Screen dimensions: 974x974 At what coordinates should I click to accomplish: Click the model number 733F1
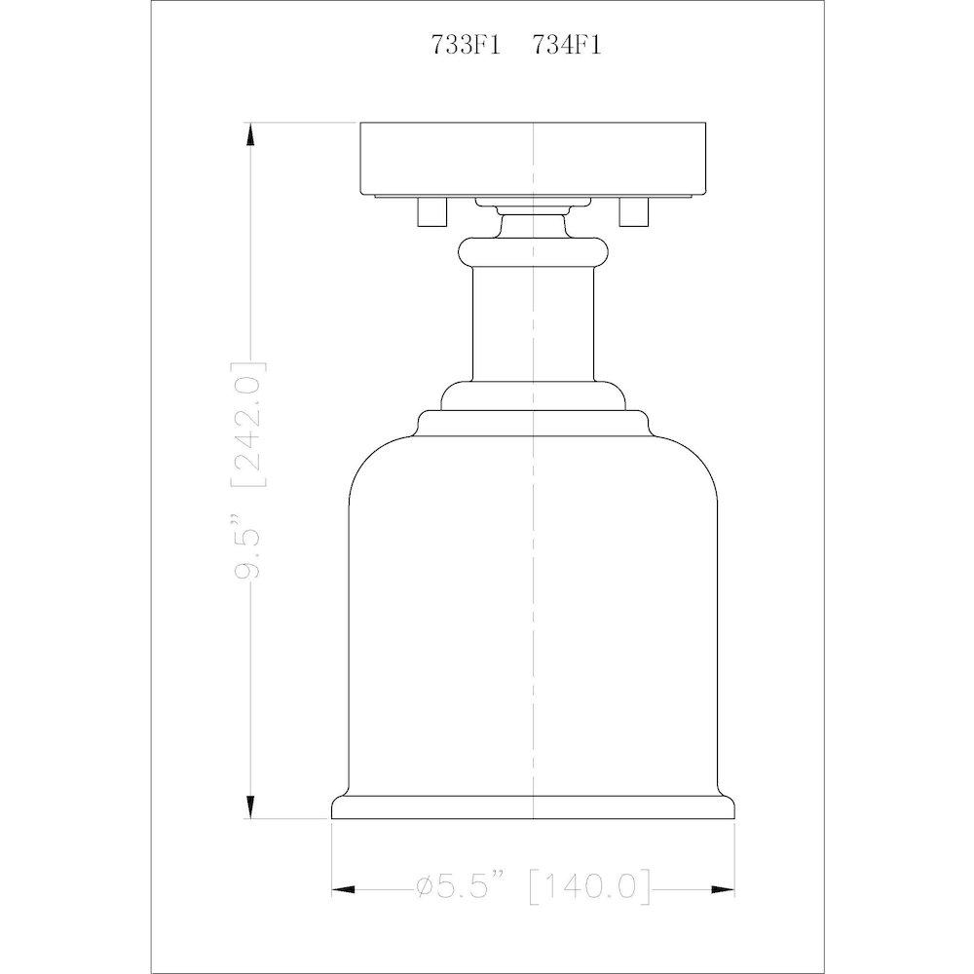pyautogui.click(x=466, y=46)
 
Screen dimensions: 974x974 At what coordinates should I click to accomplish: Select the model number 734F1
pyautogui.click(x=567, y=46)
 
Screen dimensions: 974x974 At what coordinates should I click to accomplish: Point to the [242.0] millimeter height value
pyautogui.click(x=247, y=424)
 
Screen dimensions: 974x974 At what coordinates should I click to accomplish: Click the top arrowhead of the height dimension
pyautogui.click(x=250, y=134)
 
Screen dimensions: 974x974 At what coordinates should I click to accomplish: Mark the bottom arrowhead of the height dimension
pyautogui.click(x=250, y=807)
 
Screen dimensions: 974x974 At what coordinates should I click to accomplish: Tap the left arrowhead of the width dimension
pyautogui.click(x=343, y=890)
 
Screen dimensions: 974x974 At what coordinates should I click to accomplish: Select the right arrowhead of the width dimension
pyautogui.click(x=724, y=890)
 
